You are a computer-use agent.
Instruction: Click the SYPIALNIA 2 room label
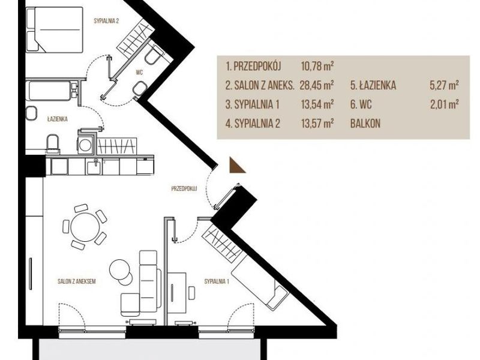click(x=106, y=21)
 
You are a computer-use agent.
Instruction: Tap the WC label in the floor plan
click(x=139, y=73)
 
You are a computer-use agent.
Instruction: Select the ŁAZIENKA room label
click(x=57, y=119)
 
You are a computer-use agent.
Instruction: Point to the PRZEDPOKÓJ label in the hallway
click(x=184, y=188)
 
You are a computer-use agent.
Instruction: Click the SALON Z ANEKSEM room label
click(x=77, y=281)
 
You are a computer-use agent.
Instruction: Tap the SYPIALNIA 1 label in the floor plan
click(x=217, y=281)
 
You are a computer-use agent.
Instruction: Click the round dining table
click(x=85, y=227)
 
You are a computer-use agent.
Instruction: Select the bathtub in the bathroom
click(x=50, y=91)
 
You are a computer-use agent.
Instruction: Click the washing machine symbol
click(x=85, y=145)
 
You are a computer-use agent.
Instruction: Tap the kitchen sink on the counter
click(x=94, y=167)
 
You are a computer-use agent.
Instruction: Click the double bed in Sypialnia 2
click(x=55, y=29)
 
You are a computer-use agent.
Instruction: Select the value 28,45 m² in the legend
click(x=317, y=85)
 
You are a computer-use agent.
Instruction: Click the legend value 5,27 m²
click(x=444, y=85)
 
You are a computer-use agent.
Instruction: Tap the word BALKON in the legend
click(x=365, y=124)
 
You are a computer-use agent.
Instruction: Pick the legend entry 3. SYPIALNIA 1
click(x=252, y=104)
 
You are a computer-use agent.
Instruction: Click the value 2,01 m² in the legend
click(x=444, y=104)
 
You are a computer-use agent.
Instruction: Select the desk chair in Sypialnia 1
click(x=191, y=293)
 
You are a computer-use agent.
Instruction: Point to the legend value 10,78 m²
click(x=317, y=66)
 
